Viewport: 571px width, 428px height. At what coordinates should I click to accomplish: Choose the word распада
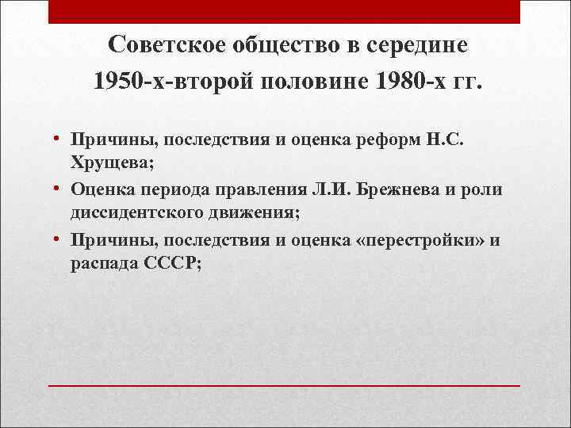pyautogui.click(x=101, y=263)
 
